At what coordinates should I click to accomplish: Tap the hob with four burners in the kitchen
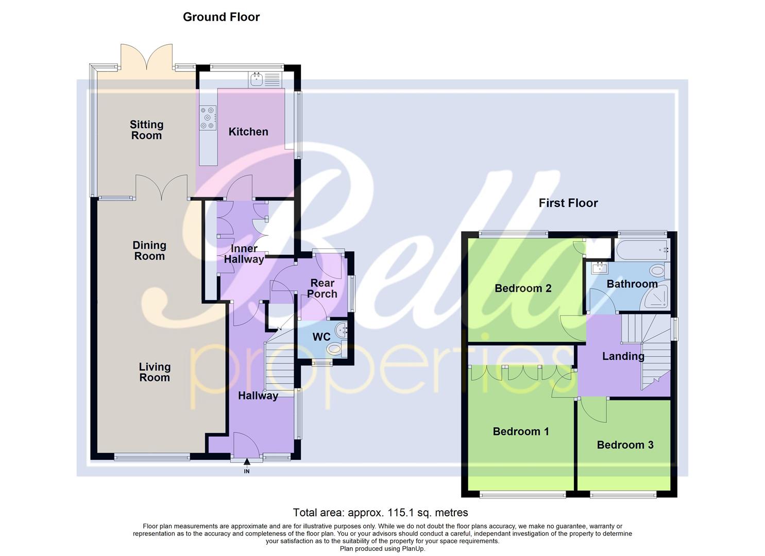tap(208, 117)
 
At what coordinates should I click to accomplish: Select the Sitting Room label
tap(146, 130)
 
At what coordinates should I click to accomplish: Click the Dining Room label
tap(149, 251)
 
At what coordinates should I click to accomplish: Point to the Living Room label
tap(155, 372)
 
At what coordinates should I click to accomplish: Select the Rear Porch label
tap(322, 288)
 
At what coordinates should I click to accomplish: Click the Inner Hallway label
tap(244, 254)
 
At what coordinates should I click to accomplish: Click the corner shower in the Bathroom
tap(655, 298)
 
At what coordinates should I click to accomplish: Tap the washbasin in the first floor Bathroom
tap(599, 268)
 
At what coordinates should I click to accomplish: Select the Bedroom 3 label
tap(625, 445)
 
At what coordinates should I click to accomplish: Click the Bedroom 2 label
tap(523, 288)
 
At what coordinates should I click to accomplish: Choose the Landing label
tap(623, 356)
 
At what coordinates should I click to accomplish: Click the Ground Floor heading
tap(222, 17)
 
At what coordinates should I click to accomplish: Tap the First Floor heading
tap(568, 203)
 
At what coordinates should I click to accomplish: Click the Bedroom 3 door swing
tap(592, 411)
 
